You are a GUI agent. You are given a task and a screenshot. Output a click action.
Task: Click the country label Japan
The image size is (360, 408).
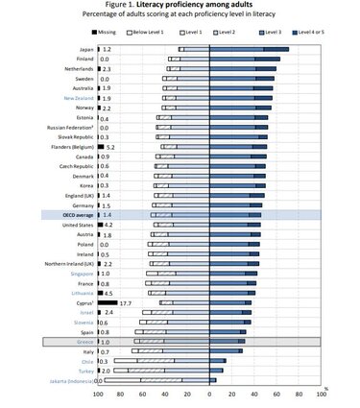pos(84,48)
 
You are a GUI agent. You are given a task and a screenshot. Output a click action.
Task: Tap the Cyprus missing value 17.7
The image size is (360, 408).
pos(125,302)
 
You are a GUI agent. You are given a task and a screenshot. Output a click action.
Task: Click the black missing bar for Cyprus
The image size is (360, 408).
pos(106,302)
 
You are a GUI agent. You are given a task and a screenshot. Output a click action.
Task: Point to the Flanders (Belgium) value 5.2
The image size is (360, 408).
pos(110,147)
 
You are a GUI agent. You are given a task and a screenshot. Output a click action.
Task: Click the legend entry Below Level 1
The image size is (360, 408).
pos(143,31)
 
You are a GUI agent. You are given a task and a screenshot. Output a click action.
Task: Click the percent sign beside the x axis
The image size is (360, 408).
pos(326,389)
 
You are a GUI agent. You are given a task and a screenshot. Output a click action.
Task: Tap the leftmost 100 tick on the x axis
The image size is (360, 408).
pos(97,395)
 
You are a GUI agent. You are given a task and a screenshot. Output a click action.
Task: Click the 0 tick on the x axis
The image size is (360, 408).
pos(209,395)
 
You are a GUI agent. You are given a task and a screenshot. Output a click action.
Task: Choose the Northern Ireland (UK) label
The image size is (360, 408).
pos(66,263)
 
